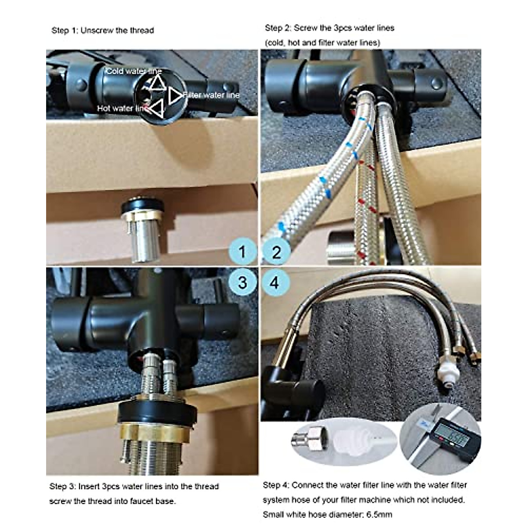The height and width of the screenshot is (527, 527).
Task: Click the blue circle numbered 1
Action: coord(242,252)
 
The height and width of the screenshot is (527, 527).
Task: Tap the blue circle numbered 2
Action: coord(276,252)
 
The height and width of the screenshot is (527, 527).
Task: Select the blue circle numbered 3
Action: coord(242,282)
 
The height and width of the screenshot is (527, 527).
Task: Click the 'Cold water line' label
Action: coord(133,71)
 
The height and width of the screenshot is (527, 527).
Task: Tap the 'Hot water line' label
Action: coord(122,108)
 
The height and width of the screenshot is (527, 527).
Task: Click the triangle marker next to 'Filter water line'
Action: coord(176,95)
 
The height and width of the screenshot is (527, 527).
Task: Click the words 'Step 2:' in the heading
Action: coord(278,28)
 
